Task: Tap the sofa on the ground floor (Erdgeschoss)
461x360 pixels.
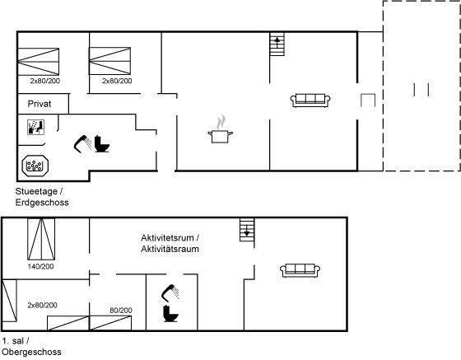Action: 310,101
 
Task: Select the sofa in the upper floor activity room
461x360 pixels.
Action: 299,269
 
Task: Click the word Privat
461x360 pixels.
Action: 40,105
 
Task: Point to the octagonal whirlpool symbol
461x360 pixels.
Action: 35,166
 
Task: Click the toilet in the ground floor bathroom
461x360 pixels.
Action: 102,144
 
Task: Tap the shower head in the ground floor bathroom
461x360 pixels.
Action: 82,142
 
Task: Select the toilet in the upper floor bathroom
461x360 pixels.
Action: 171,315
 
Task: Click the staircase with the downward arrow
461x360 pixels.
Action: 246,229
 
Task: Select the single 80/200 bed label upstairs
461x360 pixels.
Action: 120,310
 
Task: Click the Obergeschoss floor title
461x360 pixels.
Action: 30,353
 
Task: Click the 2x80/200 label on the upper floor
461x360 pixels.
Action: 42,305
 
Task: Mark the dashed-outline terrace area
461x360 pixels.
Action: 421,86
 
